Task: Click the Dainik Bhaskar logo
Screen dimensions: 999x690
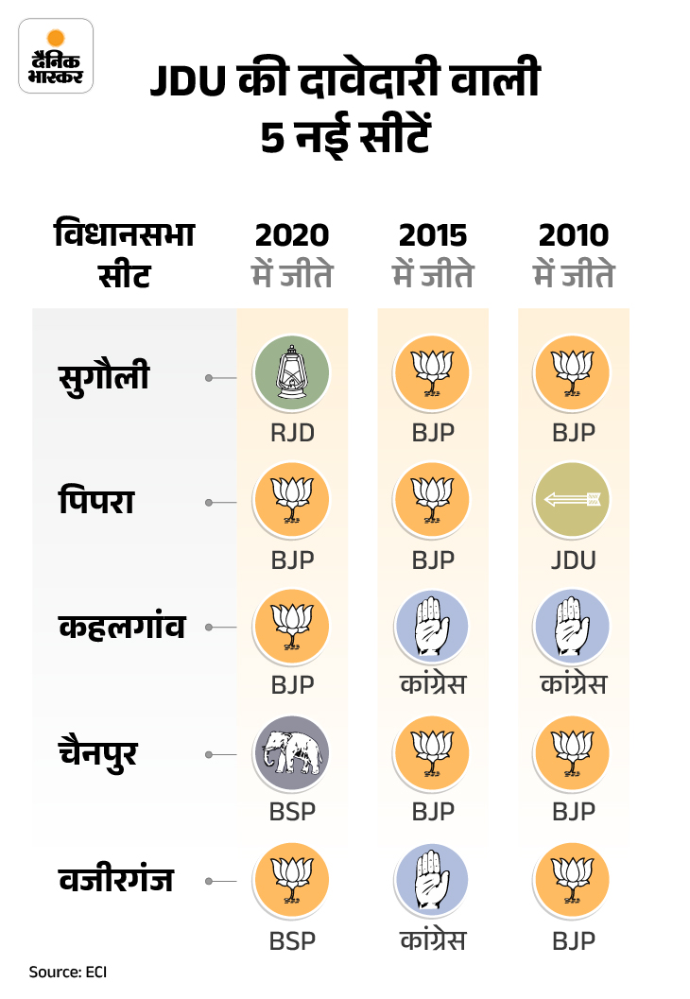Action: (x=56, y=57)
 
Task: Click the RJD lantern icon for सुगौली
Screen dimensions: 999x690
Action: (x=292, y=372)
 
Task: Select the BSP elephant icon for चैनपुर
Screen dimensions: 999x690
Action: (x=292, y=751)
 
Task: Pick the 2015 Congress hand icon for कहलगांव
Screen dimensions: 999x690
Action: (x=433, y=626)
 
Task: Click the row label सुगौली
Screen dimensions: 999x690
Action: (x=105, y=375)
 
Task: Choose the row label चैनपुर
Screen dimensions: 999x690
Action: (x=100, y=753)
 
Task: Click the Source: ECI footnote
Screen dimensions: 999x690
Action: (x=67, y=971)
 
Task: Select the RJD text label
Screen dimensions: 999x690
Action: (x=292, y=432)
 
